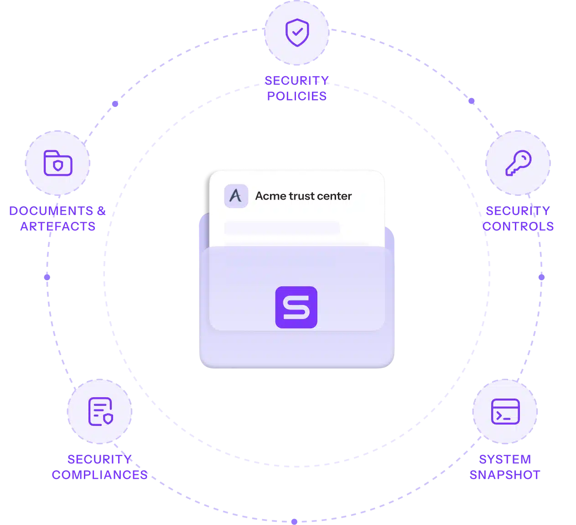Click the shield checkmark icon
point(297,32)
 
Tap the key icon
point(518,163)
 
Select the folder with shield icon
point(57,163)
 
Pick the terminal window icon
point(505,411)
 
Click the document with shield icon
point(100,411)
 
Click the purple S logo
point(296,307)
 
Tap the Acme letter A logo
point(236,196)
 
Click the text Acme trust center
point(303,196)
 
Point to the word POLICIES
point(297,96)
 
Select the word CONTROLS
point(518,226)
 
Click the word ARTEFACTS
point(57,226)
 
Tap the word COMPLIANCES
point(100,475)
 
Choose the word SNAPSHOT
point(505,475)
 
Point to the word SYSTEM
point(505,459)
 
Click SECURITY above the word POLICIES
point(297,81)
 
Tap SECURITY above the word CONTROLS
point(518,210)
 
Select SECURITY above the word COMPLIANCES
point(100,459)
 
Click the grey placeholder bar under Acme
point(282,228)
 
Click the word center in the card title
point(336,196)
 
